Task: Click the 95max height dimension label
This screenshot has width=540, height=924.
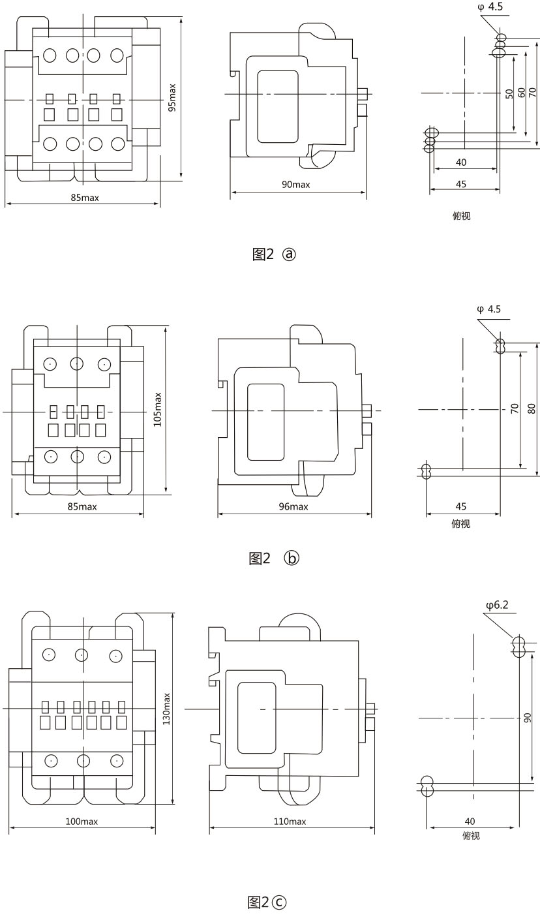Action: click(172, 98)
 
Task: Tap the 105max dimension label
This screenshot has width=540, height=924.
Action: click(157, 410)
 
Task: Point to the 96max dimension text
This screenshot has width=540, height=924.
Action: click(293, 506)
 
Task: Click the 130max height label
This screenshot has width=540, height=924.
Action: click(166, 709)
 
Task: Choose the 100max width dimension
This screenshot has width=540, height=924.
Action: click(82, 822)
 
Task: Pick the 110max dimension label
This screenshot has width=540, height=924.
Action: click(290, 822)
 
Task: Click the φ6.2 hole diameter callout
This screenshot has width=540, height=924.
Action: click(497, 605)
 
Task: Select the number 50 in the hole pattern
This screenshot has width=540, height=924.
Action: click(509, 93)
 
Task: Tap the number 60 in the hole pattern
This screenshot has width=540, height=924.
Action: click(521, 93)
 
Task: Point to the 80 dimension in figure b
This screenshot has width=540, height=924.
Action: click(532, 409)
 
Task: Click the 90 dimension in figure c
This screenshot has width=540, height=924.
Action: click(527, 717)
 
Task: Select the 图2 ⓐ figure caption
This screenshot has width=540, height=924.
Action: click(274, 254)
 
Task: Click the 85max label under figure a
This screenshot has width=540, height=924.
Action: click(85, 198)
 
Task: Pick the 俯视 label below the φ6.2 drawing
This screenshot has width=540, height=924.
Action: click(470, 835)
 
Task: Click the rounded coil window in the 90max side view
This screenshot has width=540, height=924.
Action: click(277, 106)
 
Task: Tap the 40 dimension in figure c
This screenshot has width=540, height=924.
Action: click(470, 822)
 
